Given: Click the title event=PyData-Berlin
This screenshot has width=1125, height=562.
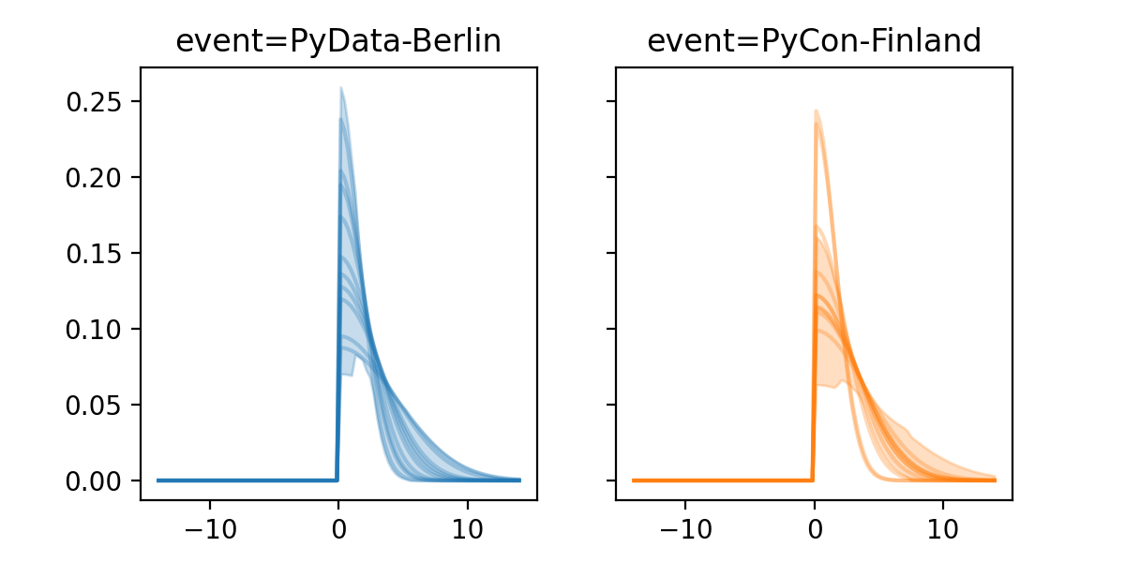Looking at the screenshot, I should tap(338, 41).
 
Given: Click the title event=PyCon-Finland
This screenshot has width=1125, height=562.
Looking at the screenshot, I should tap(814, 41).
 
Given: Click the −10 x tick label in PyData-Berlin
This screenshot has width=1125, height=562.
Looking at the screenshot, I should tap(209, 527).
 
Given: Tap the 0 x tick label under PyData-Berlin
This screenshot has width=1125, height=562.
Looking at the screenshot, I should tap(338, 527).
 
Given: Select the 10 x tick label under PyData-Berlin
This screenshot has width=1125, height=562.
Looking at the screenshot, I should tap(468, 527).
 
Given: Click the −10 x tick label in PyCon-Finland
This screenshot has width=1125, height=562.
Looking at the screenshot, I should tap(684, 527).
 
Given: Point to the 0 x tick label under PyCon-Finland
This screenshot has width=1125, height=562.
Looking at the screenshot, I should tap(814, 527).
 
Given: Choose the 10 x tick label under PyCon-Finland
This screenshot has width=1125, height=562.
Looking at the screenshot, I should tap(943, 527).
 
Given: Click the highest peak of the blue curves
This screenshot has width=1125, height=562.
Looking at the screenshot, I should tap(341, 89).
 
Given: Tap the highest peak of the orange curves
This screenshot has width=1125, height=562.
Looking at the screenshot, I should tap(817, 111).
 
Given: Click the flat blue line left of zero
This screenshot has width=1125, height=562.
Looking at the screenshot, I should tap(244, 480).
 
